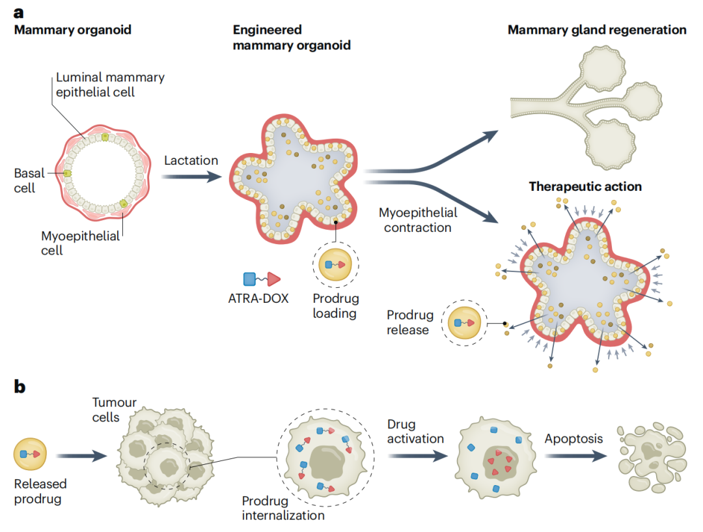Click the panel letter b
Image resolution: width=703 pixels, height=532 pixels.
click(x=20, y=387)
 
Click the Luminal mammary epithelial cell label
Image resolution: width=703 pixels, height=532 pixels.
click(x=109, y=85)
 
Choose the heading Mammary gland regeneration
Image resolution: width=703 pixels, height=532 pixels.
click(x=596, y=30)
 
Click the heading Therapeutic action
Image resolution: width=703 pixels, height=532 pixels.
click(x=585, y=187)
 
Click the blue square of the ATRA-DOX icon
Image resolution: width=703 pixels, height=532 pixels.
click(x=249, y=279)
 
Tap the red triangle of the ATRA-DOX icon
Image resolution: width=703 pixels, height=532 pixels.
click(x=274, y=279)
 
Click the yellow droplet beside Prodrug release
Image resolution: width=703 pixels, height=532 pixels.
click(x=465, y=323)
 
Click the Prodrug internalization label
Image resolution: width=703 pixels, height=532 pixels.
click(x=283, y=509)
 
